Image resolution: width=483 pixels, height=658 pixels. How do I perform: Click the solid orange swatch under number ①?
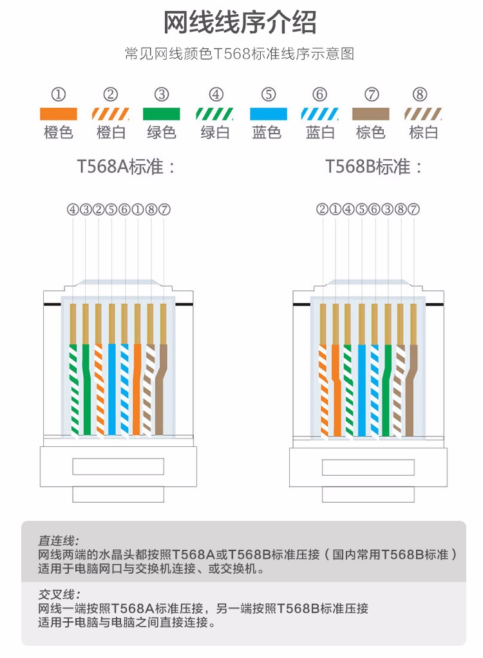(x=58, y=114)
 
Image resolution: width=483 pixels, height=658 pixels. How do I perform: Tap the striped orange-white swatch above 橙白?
(x=111, y=114)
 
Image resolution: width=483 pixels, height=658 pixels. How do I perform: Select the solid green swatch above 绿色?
(x=161, y=114)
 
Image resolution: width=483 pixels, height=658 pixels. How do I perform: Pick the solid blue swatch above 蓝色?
(x=269, y=114)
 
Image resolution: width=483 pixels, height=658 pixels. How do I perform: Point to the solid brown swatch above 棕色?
(x=371, y=114)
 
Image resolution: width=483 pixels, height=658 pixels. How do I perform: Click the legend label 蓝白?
(x=320, y=133)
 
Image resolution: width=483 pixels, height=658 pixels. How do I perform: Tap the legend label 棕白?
(x=424, y=133)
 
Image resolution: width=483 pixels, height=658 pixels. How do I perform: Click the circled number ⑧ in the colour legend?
(x=420, y=95)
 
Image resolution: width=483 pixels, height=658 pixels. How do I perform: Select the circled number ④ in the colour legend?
(x=216, y=95)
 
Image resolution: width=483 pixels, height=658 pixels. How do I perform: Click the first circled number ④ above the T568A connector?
(x=72, y=209)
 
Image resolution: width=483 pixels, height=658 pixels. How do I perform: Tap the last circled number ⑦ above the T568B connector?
(x=414, y=209)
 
